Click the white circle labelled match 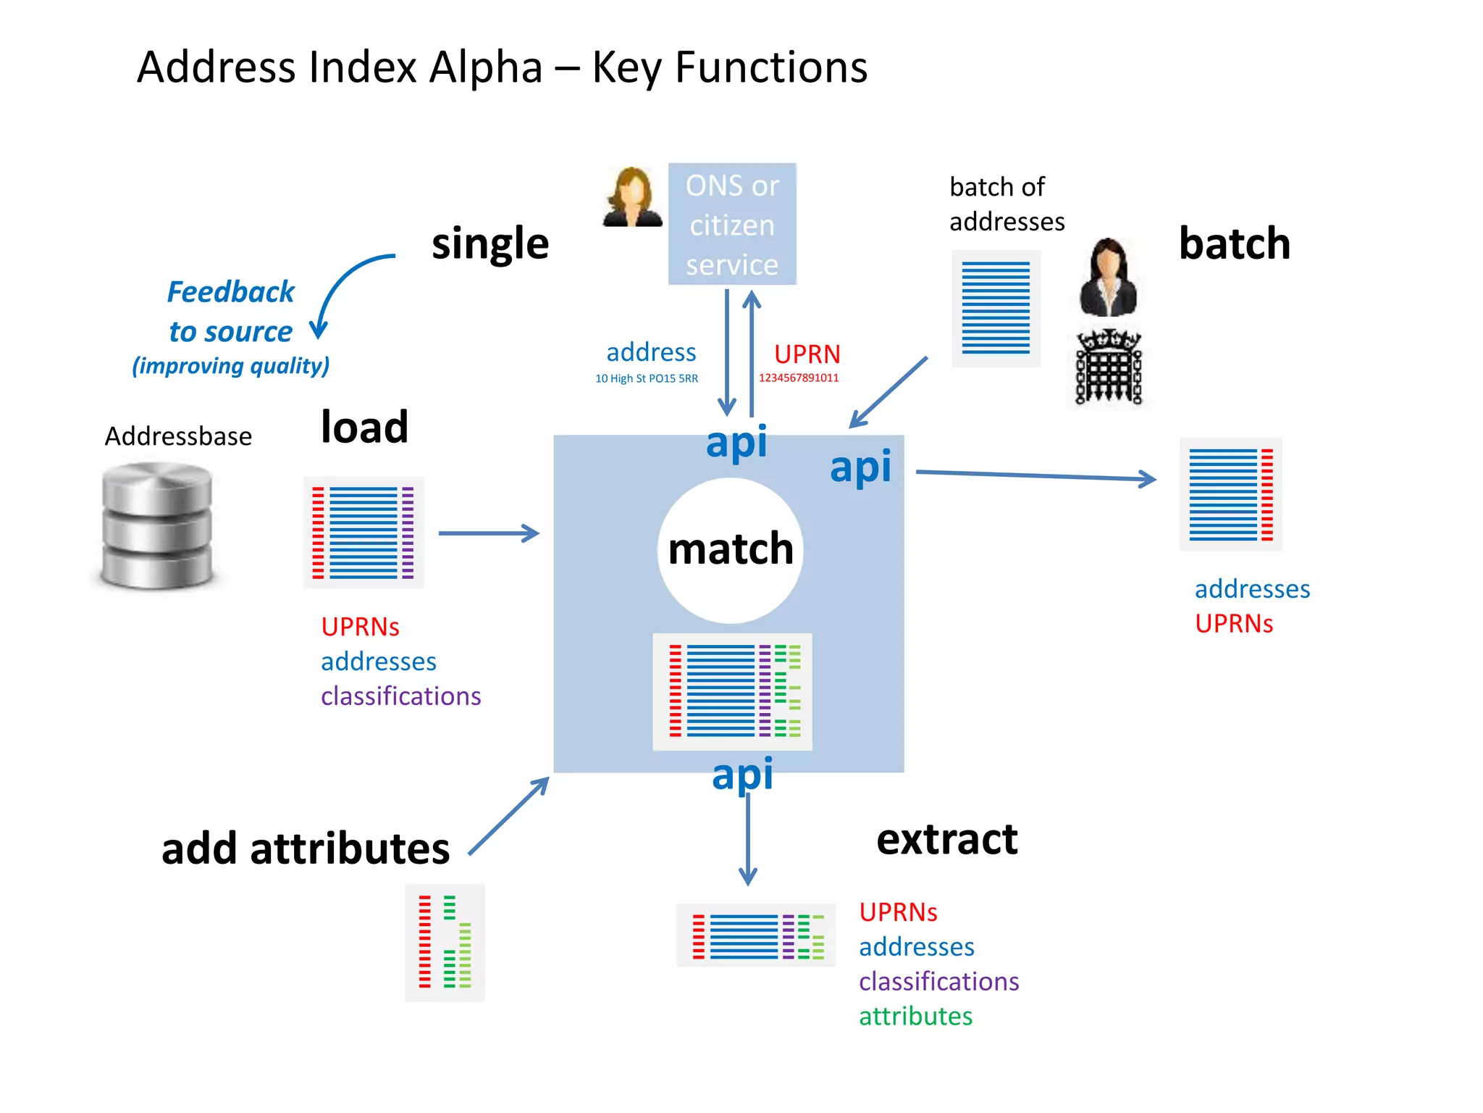pyautogui.click(x=730, y=551)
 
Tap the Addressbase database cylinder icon pyautogui.click(x=157, y=525)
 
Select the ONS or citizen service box pyautogui.click(x=732, y=224)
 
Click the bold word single pyautogui.click(x=490, y=243)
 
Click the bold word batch pyautogui.click(x=1234, y=243)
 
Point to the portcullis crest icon pyautogui.click(x=1108, y=367)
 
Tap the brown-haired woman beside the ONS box pyautogui.click(x=632, y=197)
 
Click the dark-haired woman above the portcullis pyautogui.click(x=1108, y=277)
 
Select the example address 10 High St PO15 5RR pyautogui.click(x=646, y=378)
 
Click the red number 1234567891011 pyautogui.click(x=799, y=378)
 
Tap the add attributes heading pyautogui.click(x=305, y=849)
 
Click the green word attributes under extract pyautogui.click(x=915, y=1016)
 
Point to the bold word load pyautogui.click(x=364, y=427)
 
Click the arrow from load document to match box pyautogui.click(x=489, y=533)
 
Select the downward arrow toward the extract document pyautogui.click(x=747, y=841)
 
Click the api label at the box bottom pyautogui.click(x=742, y=774)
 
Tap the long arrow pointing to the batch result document pyautogui.click(x=1035, y=475)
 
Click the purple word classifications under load pyautogui.click(x=400, y=696)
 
